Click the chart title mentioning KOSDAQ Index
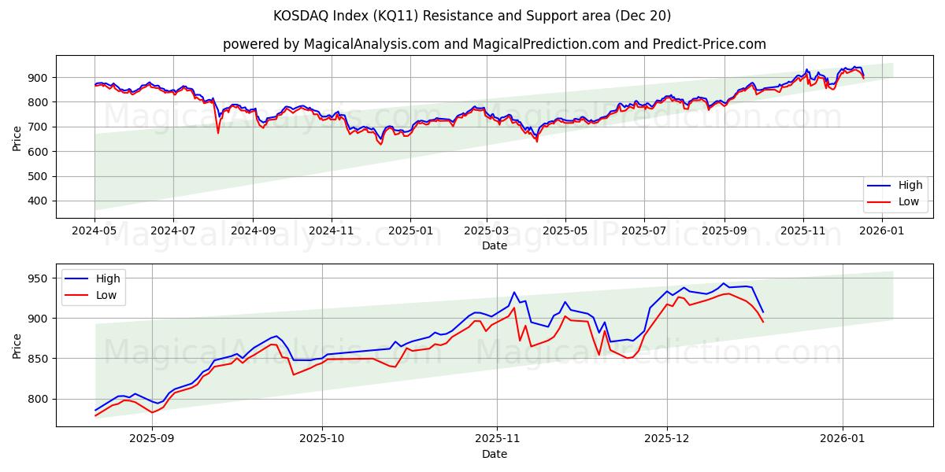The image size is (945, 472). tap(472, 16)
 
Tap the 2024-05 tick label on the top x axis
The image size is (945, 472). tap(94, 231)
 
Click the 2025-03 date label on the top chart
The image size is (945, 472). tap(487, 231)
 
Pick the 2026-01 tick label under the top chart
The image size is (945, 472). tap(881, 231)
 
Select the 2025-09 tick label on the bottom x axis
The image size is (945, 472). tap(151, 440)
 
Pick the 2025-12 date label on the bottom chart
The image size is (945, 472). tap(667, 440)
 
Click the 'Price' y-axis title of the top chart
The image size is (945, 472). tap(17, 138)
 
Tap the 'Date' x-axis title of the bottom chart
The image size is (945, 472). tap(494, 454)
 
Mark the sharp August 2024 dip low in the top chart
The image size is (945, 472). tap(218, 132)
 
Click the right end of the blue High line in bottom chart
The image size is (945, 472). tap(762, 312)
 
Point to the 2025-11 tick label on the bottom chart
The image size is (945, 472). tap(496, 440)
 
